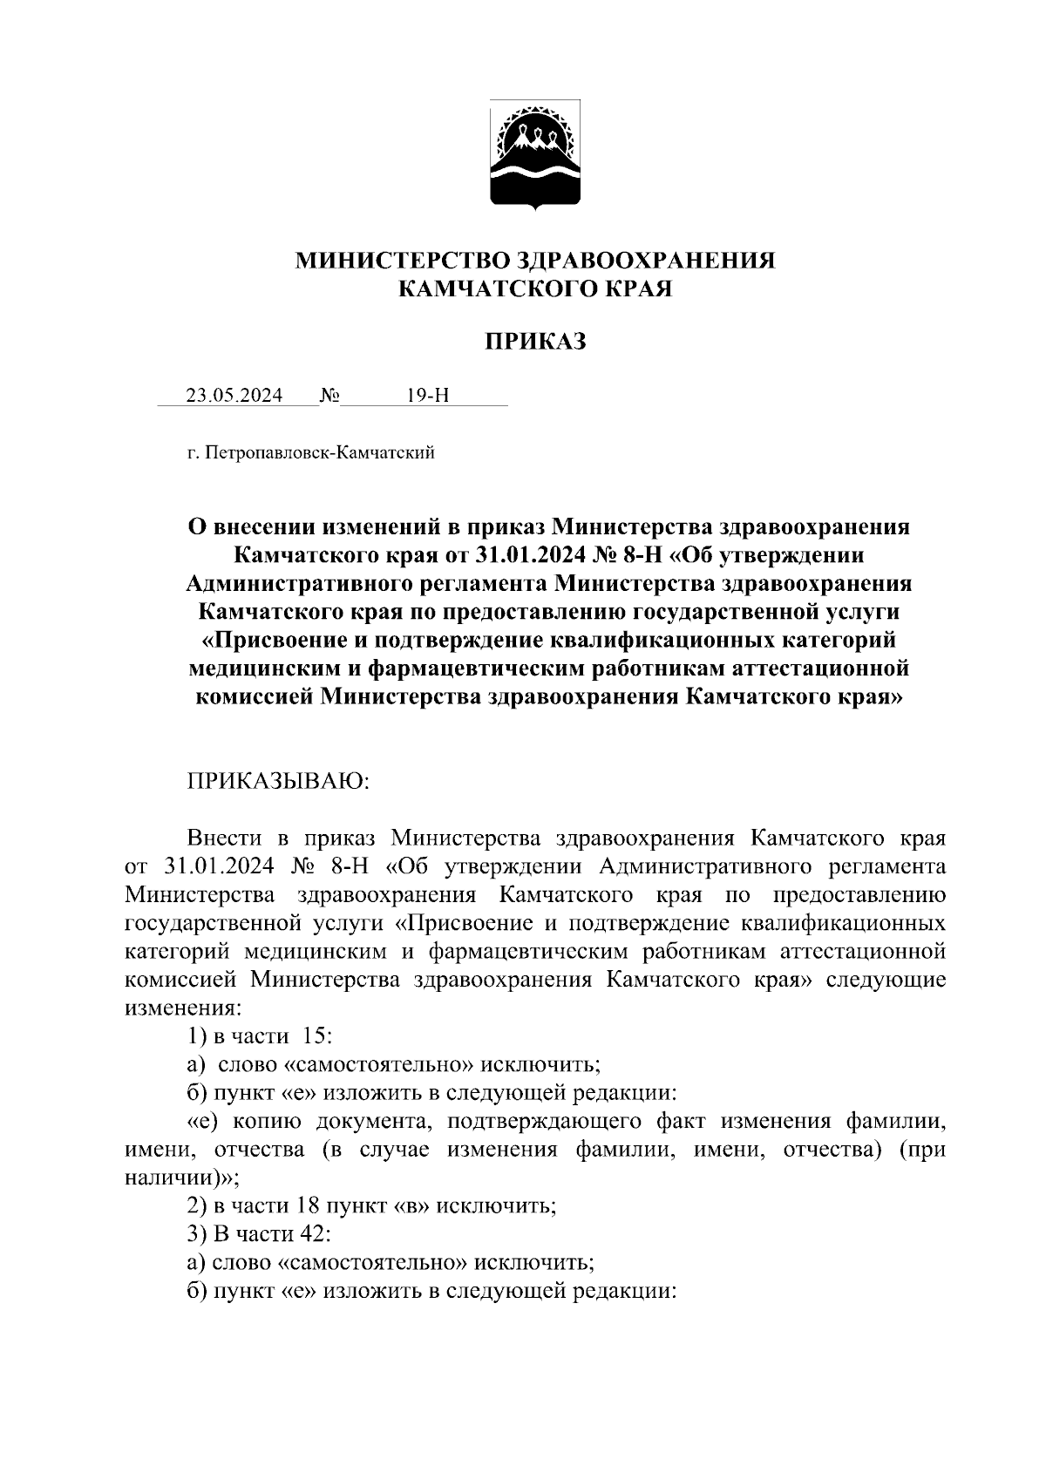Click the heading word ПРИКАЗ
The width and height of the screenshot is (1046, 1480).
coord(535,342)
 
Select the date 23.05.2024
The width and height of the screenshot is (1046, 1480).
coord(234,396)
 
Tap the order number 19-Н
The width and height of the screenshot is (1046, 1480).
coord(428,396)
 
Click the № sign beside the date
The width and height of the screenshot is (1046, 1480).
coord(329,396)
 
